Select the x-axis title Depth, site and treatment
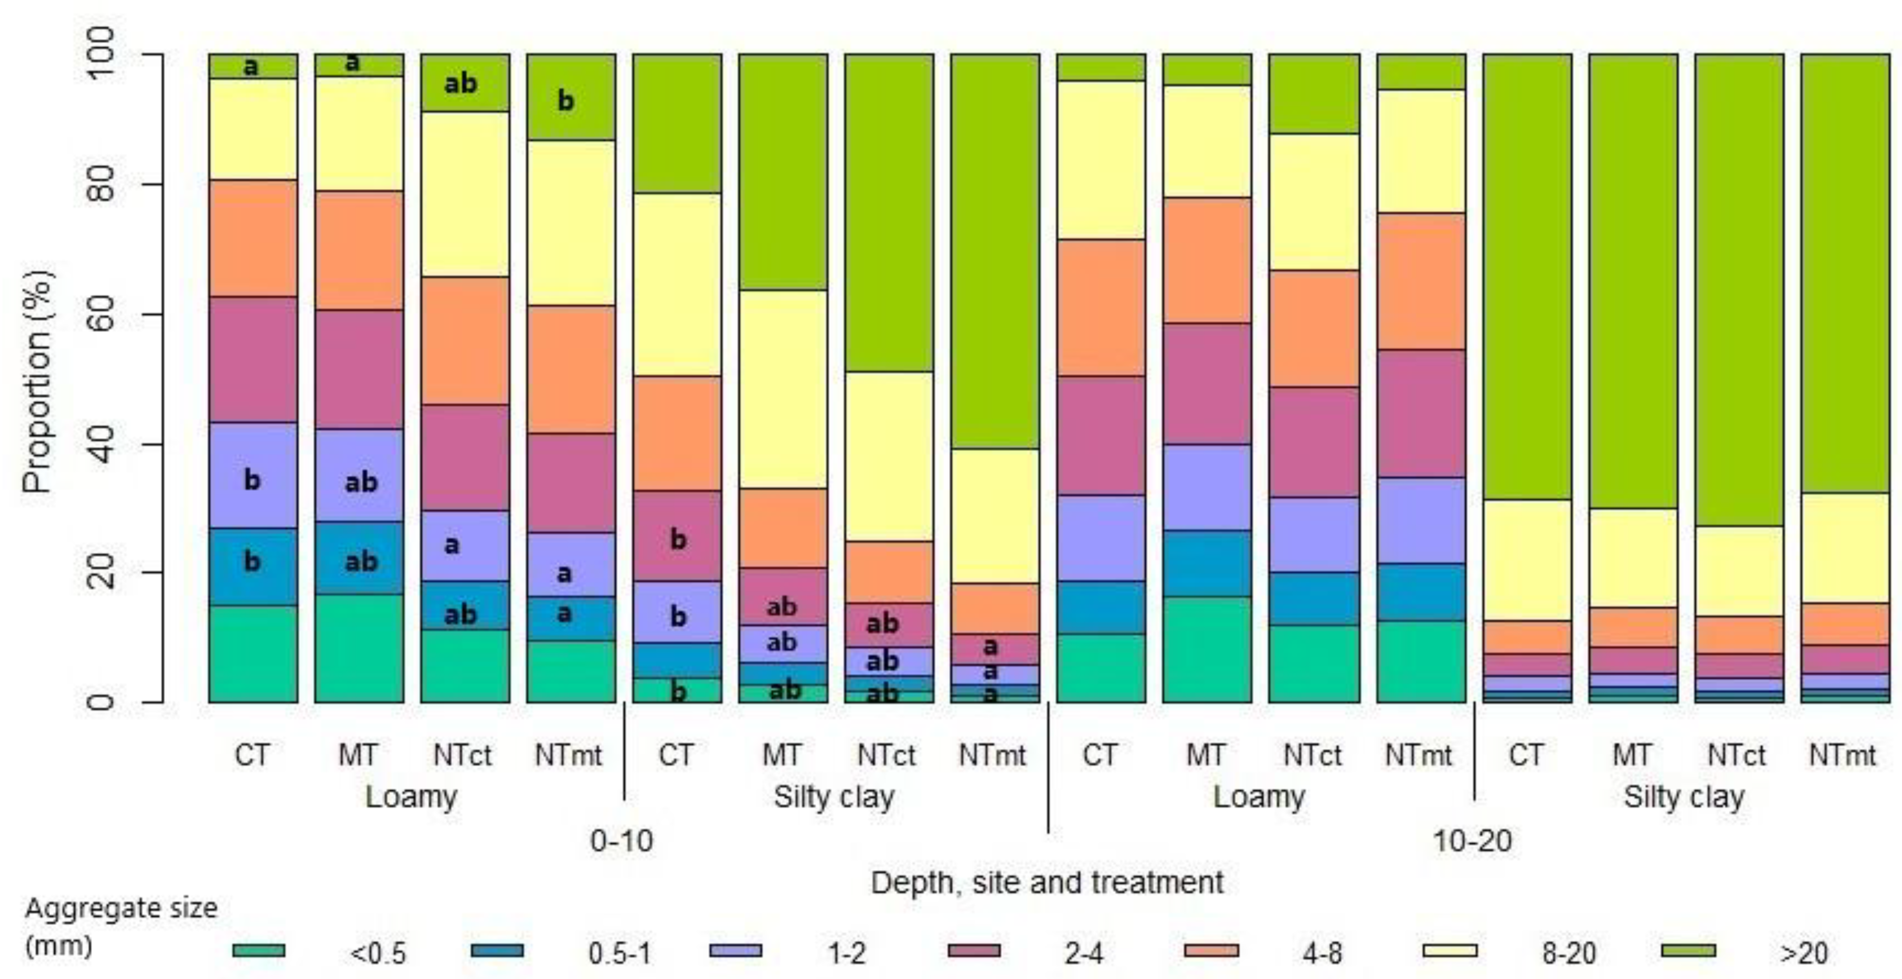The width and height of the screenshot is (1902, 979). click(x=1047, y=882)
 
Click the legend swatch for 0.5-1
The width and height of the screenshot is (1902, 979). click(x=497, y=951)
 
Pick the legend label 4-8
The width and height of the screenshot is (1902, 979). click(x=1321, y=953)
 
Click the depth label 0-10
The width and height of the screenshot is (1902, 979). click(x=622, y=841)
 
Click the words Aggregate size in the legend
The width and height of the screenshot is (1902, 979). click(x=121, y=908)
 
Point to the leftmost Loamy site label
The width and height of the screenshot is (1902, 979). click(x=411, y=797)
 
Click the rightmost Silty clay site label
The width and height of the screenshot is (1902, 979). click(x=1684, y=797)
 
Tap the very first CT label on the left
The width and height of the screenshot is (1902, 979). click(x=252, y=755)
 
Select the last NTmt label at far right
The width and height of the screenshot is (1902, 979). click(x=1842, y=755)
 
